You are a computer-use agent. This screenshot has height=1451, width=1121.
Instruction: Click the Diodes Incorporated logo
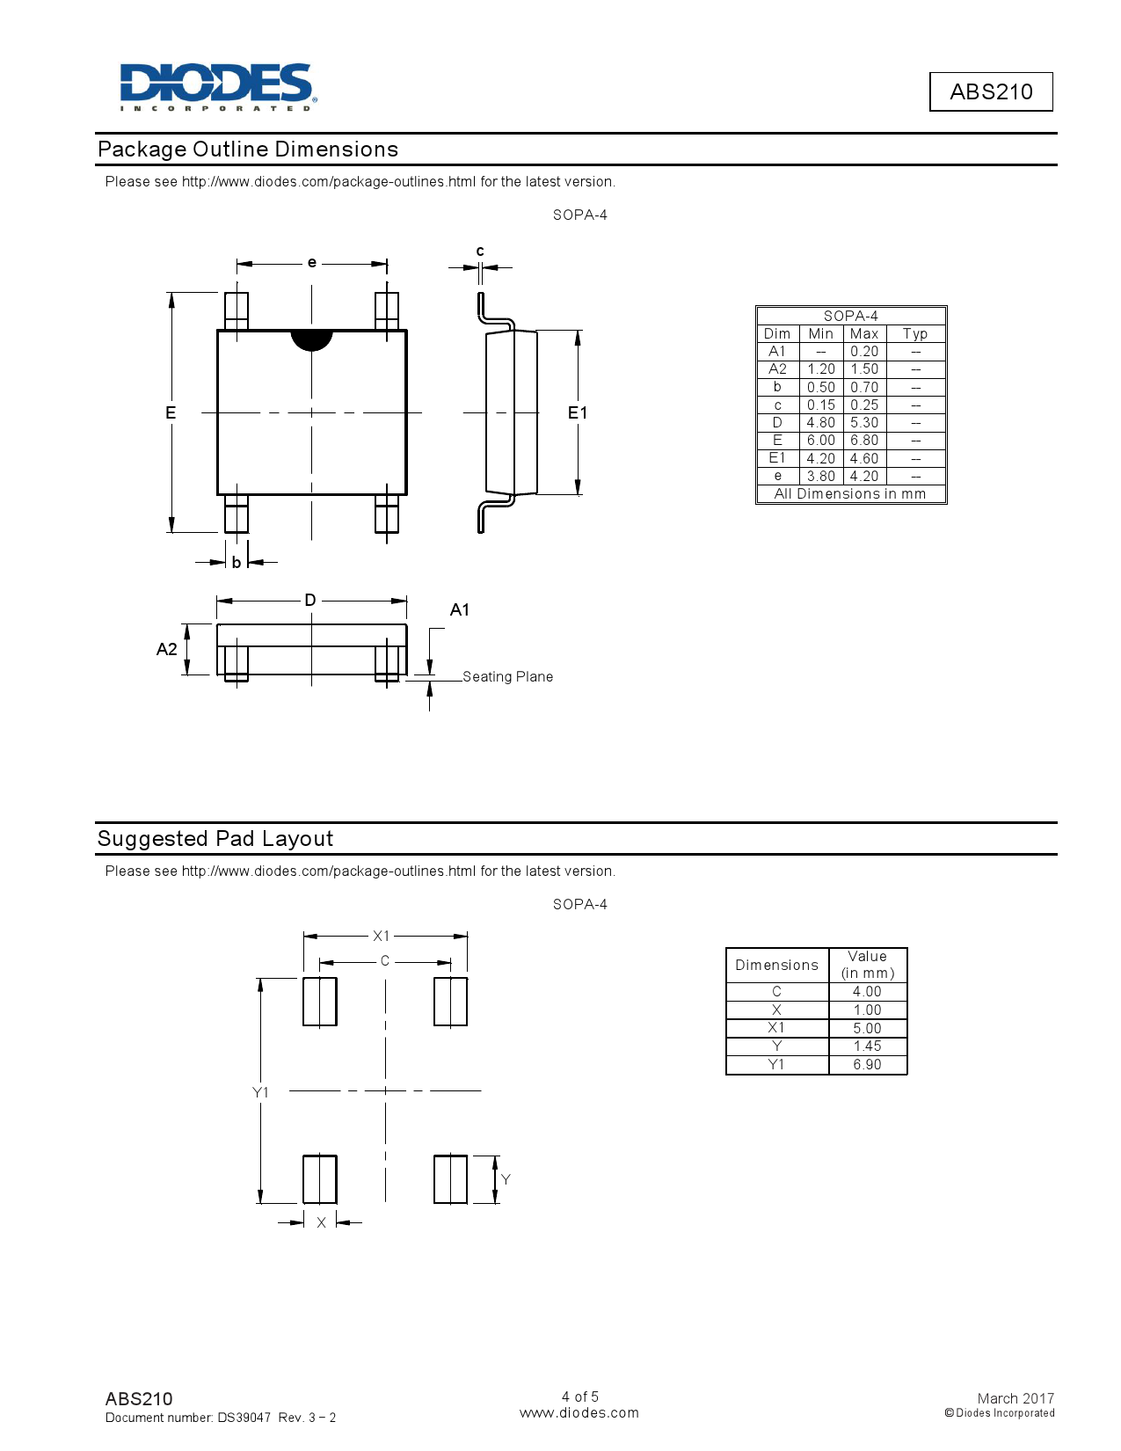[x=217, y=86]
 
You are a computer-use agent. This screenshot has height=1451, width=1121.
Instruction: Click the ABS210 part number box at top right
[x=991, y=91]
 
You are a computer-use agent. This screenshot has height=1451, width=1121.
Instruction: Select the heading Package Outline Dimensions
[x=248, y=149]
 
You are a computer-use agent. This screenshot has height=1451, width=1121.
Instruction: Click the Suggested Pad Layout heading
[x=215, y=839]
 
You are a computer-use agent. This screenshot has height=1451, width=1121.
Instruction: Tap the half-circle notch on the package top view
[x=311, y=339]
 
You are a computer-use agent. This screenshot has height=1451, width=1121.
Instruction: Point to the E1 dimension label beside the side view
[x=577, y=412]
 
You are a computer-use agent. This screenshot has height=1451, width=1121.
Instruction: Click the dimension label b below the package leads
[x=237, y=563]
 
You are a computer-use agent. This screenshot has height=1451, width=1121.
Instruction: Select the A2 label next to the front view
[x=166, y=649]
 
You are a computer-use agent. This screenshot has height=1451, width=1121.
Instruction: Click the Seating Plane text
[x=507, y=677]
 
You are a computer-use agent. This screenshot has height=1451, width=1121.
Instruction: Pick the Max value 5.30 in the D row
[x=863, y=423]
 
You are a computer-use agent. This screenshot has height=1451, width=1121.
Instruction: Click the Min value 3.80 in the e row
[x=820, y=476]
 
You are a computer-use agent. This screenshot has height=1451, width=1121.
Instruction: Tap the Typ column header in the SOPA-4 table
[x=914, y=334]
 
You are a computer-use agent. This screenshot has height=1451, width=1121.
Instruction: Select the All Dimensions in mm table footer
[x=850, y=494]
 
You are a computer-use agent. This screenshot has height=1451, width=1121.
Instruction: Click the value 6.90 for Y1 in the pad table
[x=867, y=1065]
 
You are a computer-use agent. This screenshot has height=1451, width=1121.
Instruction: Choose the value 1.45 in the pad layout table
[x=867, y=1046]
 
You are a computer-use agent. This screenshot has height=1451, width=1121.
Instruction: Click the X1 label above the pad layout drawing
[x=382, y=937]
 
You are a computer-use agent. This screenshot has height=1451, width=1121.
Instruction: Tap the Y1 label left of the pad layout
[x=260, y=1092]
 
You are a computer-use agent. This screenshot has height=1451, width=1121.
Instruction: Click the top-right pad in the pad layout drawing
[x=450, y=1002]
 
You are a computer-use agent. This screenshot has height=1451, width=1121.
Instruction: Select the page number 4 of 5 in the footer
[x=580, y=1396]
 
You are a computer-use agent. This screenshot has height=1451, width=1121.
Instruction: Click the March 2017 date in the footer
[x=1015, y=1398]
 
